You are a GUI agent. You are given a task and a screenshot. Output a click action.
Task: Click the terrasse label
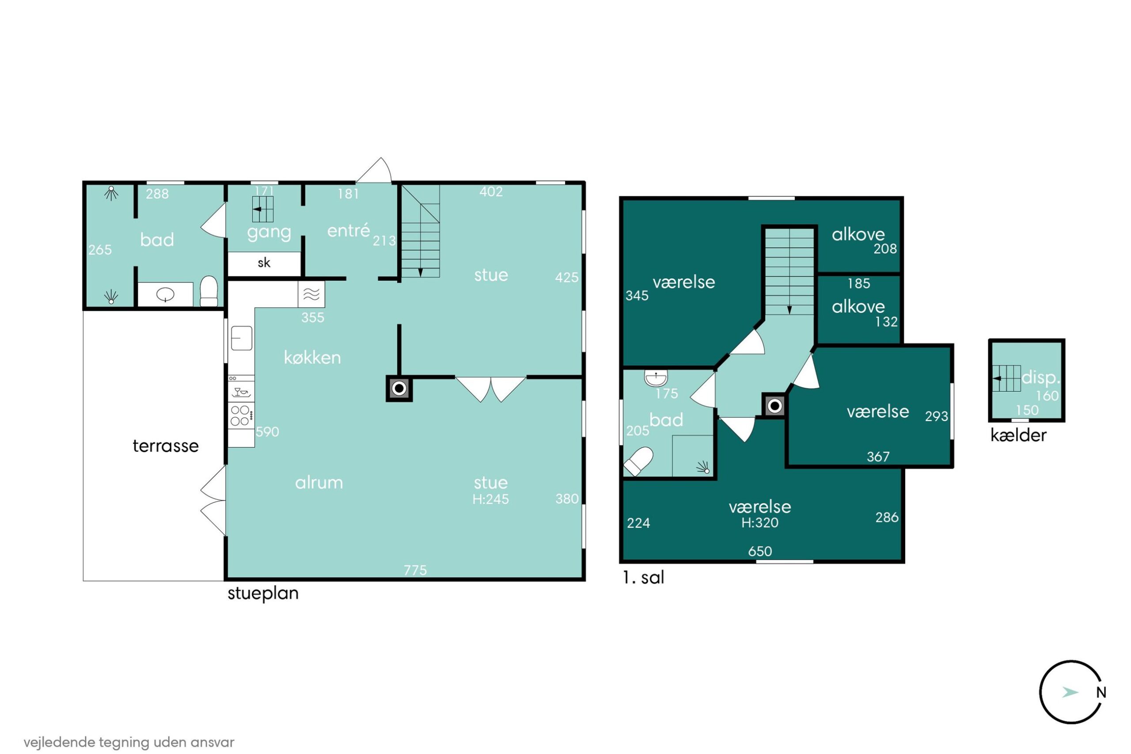click(165, 446)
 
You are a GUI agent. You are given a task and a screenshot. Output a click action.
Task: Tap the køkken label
click(312, 357)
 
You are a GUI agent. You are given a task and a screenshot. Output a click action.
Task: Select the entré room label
click(349, 230)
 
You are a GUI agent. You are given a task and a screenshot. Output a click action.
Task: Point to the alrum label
click(319, 482)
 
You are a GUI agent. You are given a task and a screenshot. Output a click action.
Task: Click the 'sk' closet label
click(264, 263)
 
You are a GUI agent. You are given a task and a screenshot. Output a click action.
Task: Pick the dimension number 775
click(415, 570)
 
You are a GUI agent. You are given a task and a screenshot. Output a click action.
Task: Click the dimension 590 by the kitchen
click(267, 431)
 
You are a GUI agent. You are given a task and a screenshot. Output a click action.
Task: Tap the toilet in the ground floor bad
click(209, 290)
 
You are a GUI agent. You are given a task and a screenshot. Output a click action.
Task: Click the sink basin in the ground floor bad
click(165, 294)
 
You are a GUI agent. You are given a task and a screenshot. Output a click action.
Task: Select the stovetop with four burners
click(240, 415)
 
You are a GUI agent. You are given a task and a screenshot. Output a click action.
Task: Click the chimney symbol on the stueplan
click(399, 388)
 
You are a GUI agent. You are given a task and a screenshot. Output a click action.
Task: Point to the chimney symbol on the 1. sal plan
click(774, 406)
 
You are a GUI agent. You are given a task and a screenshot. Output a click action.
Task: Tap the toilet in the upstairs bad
click(638, 461)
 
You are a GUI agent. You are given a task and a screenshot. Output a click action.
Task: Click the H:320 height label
click(759, 523)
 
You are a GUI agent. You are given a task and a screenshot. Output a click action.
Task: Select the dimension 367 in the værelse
click(878, 457)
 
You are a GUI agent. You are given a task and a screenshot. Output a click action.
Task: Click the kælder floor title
click(1018, 435)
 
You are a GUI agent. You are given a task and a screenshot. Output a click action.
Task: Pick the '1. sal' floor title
click(643, 578)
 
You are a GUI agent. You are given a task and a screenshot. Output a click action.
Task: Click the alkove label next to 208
click(858, 234)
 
